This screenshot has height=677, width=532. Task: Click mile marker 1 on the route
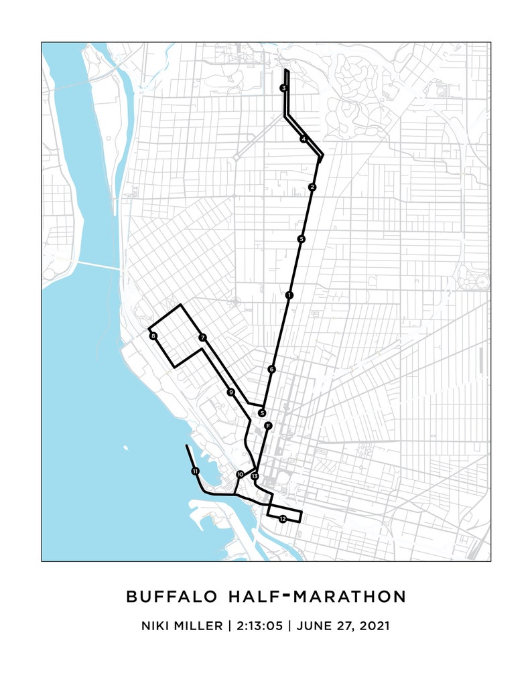(289, 295)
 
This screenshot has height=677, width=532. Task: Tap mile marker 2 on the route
(312, 187)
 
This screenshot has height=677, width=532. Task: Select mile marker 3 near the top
(284, 88)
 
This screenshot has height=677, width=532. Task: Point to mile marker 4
(304, 139)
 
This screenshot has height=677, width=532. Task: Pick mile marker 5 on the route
(302, 239)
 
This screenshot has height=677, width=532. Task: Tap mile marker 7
(202, 338)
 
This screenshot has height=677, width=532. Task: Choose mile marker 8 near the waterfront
(153, 336)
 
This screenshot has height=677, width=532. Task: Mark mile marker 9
(230, 392)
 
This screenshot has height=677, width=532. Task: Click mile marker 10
(240, 475)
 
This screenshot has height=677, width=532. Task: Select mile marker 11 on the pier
(195, 471)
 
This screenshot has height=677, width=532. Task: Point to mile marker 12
(283, 519)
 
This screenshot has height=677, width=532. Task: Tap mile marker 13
(255, 476)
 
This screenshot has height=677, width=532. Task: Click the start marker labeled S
(262, 413)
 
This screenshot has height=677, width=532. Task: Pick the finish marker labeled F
(267, 426)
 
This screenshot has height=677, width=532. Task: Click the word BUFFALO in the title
(171, 596)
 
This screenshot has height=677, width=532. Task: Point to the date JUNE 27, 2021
(342, 626)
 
